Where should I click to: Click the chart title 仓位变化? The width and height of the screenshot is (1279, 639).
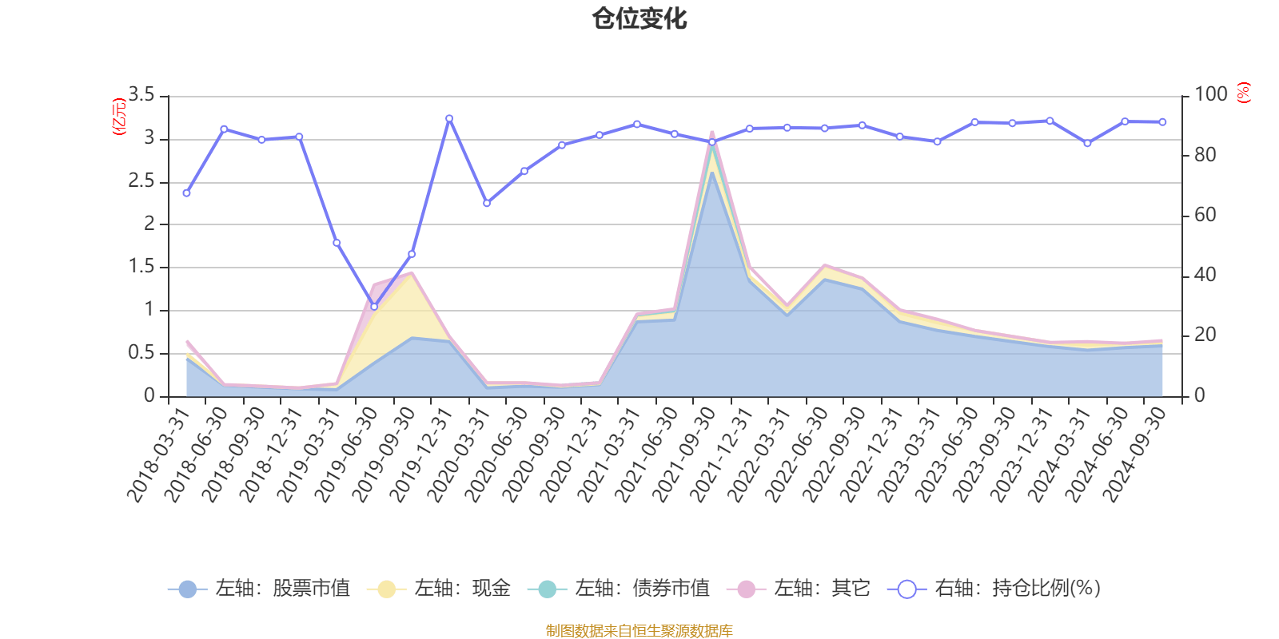639,18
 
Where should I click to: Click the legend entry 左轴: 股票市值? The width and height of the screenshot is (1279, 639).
260,589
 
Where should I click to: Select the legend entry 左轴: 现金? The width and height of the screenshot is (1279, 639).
439,589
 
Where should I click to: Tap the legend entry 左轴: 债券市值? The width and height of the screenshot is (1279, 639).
619,589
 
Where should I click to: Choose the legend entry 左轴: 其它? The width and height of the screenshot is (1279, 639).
799,589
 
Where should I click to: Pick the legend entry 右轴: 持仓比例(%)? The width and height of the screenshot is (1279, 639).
994,589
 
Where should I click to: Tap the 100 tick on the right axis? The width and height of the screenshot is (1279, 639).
1210,95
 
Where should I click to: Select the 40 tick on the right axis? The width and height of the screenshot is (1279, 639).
1205,276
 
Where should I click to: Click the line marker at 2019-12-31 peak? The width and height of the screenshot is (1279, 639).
449,118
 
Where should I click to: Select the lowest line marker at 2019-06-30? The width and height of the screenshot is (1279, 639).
374,307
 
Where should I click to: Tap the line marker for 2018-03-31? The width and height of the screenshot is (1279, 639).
186,193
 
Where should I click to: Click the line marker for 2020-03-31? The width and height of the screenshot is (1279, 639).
486,203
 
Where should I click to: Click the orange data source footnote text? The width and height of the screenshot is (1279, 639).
639,631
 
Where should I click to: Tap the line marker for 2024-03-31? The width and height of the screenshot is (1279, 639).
1087,143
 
